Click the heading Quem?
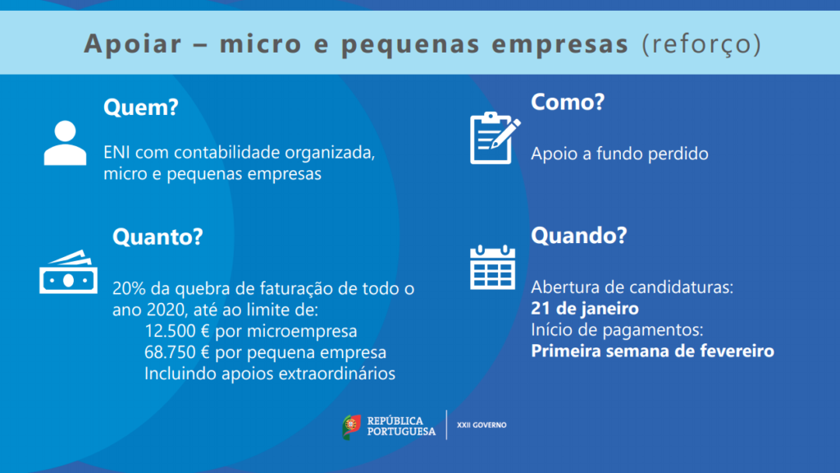point(141,108)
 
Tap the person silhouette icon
point(65,143)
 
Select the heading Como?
point(568,102)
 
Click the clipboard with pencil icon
point(495,138)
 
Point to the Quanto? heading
point(157,236)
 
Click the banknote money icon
point(68,272)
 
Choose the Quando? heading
point(578,236)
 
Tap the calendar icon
point(492,267)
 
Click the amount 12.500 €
point(177,331)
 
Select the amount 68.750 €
point(177,352)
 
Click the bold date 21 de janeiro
point(584,309)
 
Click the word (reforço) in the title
point(701,44)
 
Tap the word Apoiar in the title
point(133,44)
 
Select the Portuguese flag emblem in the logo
point(351,427)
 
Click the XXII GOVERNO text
point(482,425)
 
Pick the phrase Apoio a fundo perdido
point(619,154)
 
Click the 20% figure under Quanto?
point(129,288)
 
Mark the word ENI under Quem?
point(116,152)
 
